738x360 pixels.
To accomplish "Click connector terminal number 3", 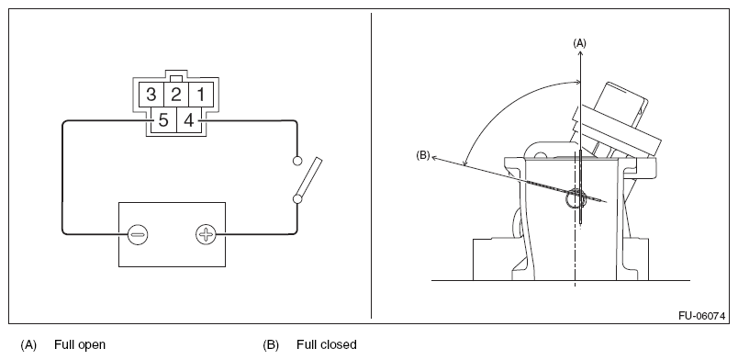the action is click(151, 95).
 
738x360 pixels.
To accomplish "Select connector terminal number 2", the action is click(176, 95).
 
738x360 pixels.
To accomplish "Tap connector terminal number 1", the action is click(200, 95).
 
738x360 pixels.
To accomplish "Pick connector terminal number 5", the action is click(163, 120).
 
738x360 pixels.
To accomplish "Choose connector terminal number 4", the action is click(189, 120).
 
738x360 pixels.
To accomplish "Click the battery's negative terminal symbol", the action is click(138, 233).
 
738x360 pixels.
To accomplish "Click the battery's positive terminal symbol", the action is click(206, 233).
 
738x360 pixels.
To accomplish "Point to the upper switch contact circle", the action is click(297, 161).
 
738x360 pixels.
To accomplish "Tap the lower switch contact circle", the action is click(297, 199).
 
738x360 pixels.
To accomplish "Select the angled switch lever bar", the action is click(308, 177).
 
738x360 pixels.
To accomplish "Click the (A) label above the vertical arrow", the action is click(579, 43).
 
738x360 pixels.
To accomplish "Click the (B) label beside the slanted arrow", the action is click(422, 155).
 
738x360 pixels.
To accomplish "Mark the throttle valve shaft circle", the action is click(576, 199).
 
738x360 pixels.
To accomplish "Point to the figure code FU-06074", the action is click(701, 316).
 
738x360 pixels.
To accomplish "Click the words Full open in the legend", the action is click(80, 344).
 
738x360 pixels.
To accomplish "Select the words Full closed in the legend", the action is click(326, 344).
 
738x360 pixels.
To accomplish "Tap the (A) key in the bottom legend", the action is click(28, 345).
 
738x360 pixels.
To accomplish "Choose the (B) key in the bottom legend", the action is click(271, 345).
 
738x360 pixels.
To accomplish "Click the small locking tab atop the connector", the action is click(176, 78).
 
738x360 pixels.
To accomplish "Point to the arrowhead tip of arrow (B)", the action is click(432, 157).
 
